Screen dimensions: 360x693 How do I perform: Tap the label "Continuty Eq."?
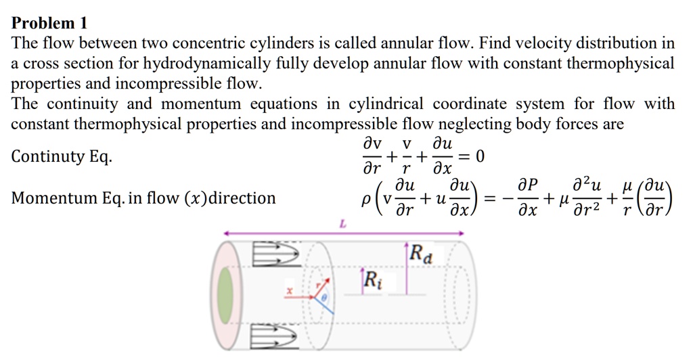click(x=62, y=157)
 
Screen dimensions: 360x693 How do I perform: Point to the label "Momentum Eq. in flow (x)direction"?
click(x=143, y=198)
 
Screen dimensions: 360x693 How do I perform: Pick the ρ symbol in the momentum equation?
click(x=365, y=198)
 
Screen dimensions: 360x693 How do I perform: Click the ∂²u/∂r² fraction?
click(x=587, y=198)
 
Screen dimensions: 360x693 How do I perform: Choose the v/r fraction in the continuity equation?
click(x=406, y=157)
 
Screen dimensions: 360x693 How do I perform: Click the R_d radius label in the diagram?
click(x=421, y=256)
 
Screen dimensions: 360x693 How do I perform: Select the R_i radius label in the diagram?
click(x=372, y=279)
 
